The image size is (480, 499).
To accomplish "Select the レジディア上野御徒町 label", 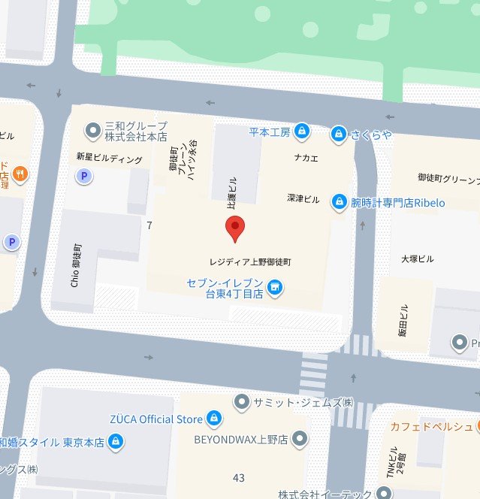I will click(249, 263).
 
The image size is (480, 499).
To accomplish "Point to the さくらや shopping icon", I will click(339, 133).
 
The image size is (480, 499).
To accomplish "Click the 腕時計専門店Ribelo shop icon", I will click(340, 202).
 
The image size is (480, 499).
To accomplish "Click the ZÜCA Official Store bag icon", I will click(214, 419).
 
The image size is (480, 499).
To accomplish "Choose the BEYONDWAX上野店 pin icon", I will click(300, 437).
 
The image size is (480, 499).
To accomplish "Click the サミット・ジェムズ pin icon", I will click(242, 402).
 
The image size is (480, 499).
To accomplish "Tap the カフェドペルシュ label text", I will click(430, 427).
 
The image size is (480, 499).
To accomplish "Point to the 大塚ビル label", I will click(417, 259).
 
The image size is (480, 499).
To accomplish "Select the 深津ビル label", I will click(303, 199).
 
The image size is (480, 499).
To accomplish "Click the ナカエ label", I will click(306, 158).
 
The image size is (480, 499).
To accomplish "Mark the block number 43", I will click(239, 478).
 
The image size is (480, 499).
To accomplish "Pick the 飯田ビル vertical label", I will click(403, 320).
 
